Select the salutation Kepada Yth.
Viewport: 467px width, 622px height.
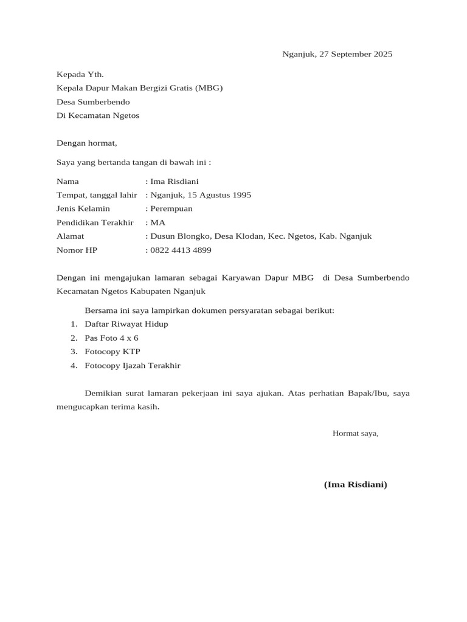[80, 75]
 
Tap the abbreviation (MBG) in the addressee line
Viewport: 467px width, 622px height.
[209, 88]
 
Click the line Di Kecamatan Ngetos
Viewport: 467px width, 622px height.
[98, 115]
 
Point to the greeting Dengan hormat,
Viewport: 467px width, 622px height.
[86, 143]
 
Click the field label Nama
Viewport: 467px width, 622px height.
[67, 181]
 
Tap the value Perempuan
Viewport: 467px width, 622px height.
[171, 208]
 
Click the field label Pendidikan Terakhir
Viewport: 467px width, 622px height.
[95, 222]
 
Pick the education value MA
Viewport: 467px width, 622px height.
[158, 222]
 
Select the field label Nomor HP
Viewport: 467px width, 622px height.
[77, 250]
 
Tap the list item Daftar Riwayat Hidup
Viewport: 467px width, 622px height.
[126, 324]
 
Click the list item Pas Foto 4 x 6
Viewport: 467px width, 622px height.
[112, 338]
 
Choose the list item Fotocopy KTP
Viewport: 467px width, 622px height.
[112, 352]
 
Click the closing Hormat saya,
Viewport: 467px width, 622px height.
[355, 433]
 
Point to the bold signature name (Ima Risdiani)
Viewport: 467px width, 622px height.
[355, 484]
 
